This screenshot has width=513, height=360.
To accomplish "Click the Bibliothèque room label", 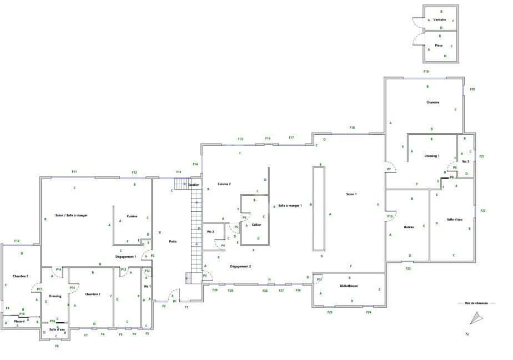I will pyautogui.click(x=349, y=286).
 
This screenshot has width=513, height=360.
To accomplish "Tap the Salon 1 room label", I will pyautogui.click(x=351, y=194).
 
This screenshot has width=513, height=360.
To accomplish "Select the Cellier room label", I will pyautogui.click(x=256, y=225).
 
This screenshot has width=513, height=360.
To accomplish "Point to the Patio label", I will pyautogui.click(x=173, y=241).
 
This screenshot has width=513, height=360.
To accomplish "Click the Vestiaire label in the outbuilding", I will pyautogui.click(x=440, y=19).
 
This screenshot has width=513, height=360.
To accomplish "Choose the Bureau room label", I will pyautogui.click(x=410, y=227).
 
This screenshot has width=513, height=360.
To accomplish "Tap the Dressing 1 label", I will pyautogui.click(x=431, y=156).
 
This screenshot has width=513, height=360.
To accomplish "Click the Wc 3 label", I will pyautogui.click(x=465, y=161).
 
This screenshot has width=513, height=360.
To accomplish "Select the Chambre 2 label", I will pyautogui.click(x=21, y=276).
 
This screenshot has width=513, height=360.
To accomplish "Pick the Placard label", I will pyautogui.click(x=19, y=321).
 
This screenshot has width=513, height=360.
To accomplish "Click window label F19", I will pyautogui.click(x=426, y=72).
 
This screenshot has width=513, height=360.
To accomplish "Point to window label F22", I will pyautogui.click(x=482, y=211).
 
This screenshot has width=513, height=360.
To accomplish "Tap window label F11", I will pyautogui.click(x=74, y=172).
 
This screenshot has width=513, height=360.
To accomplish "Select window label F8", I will pyautogui.click(x=57, y=346).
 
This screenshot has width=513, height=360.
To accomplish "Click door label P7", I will pyautogui.click(x=389, y=169).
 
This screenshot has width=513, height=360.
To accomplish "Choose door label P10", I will pyautogui.click(x=390, y=216).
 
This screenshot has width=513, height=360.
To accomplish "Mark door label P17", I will pyautogui.click(x=39, y=290).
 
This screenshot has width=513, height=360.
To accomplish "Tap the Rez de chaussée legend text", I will pyautogui.click(x=476, y=303).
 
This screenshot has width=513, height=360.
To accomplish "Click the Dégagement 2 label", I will pyautogui.click(x=241, y=267).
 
